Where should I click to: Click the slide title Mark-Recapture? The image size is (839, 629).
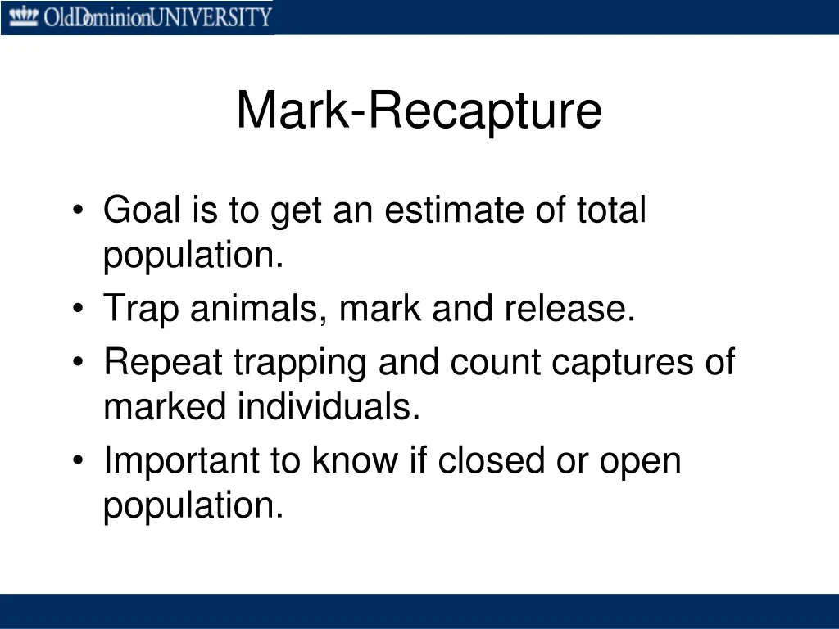pyautogui.click(x=419, y=111)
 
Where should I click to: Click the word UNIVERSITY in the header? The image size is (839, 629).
pyautogui.click(x=211, y=17)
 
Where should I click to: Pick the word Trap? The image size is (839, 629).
pyautogui.click(x=141, y=309)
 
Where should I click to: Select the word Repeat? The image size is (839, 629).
pyautogui.click(x=163, y=363)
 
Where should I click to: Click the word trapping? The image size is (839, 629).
pyautogui.click(x=300, y=363)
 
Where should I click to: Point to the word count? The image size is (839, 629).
pyautogui.click(x=495, y=363)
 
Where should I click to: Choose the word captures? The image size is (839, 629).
pyautogui.click(x=623, y=363)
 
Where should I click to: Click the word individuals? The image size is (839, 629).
pyautogui.click(x=329, y=406)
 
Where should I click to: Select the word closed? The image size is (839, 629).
pyautogui.click(x=492, y=460)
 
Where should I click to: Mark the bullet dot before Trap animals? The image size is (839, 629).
pyautogui.click(x=78, y=308)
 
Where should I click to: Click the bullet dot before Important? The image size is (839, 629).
pyautogui.click(x=78, y=460)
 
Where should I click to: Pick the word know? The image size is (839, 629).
pyautogui.click(x=356, y=460)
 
